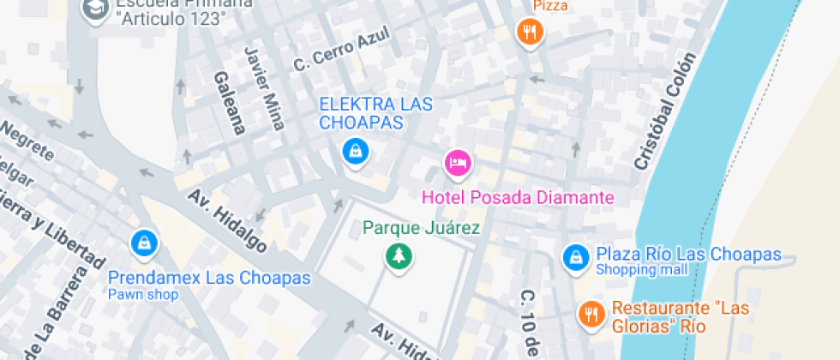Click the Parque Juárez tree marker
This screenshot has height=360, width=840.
(x=398, y=255)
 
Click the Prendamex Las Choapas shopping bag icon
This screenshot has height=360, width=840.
(x=145, y=243)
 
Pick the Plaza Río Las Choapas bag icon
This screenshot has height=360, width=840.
(x=575, y=255)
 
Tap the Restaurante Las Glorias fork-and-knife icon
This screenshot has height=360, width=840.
(x=590, y=314)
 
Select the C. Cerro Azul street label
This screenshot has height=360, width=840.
(x=341, y=51)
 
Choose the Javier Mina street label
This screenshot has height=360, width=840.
(x=264, y=88)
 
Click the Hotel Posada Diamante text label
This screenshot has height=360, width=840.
(x=518, y=197)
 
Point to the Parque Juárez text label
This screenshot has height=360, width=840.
(x=421, y=228)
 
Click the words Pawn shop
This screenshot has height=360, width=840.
(x=143, y=294)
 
